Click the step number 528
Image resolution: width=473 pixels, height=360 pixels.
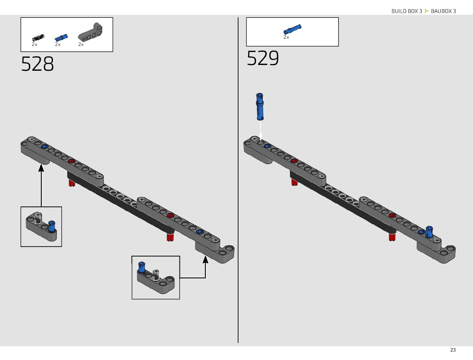point(37,64)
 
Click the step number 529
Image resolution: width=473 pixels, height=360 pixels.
point(263,58)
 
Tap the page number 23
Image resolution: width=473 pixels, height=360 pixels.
point(453,350)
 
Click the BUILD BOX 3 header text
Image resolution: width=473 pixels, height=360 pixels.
point(407,11)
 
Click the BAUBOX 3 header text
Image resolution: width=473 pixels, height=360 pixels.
point(443,11)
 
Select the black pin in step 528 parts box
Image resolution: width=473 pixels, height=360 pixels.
point(38,38)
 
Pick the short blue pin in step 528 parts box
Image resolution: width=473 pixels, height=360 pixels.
point(61,38)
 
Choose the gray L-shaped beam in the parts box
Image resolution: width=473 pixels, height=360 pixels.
point(90,32)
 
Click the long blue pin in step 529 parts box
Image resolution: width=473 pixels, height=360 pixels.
point(292,29)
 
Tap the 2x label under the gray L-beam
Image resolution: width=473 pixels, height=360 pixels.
point(81,44)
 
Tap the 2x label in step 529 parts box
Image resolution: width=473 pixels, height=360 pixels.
point(286,37)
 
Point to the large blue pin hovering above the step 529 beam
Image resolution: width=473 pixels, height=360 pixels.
point(260,106)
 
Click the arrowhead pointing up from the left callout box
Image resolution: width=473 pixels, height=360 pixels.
point(41,168)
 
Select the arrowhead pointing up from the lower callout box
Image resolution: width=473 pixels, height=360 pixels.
point(205,259)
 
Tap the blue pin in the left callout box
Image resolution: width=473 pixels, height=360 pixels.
point(52,226)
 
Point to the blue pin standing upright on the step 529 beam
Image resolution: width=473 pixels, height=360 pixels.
point(429,232)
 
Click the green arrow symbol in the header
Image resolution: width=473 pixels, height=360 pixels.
point(426,11)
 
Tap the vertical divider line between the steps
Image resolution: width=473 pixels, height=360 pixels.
point(238,181)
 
